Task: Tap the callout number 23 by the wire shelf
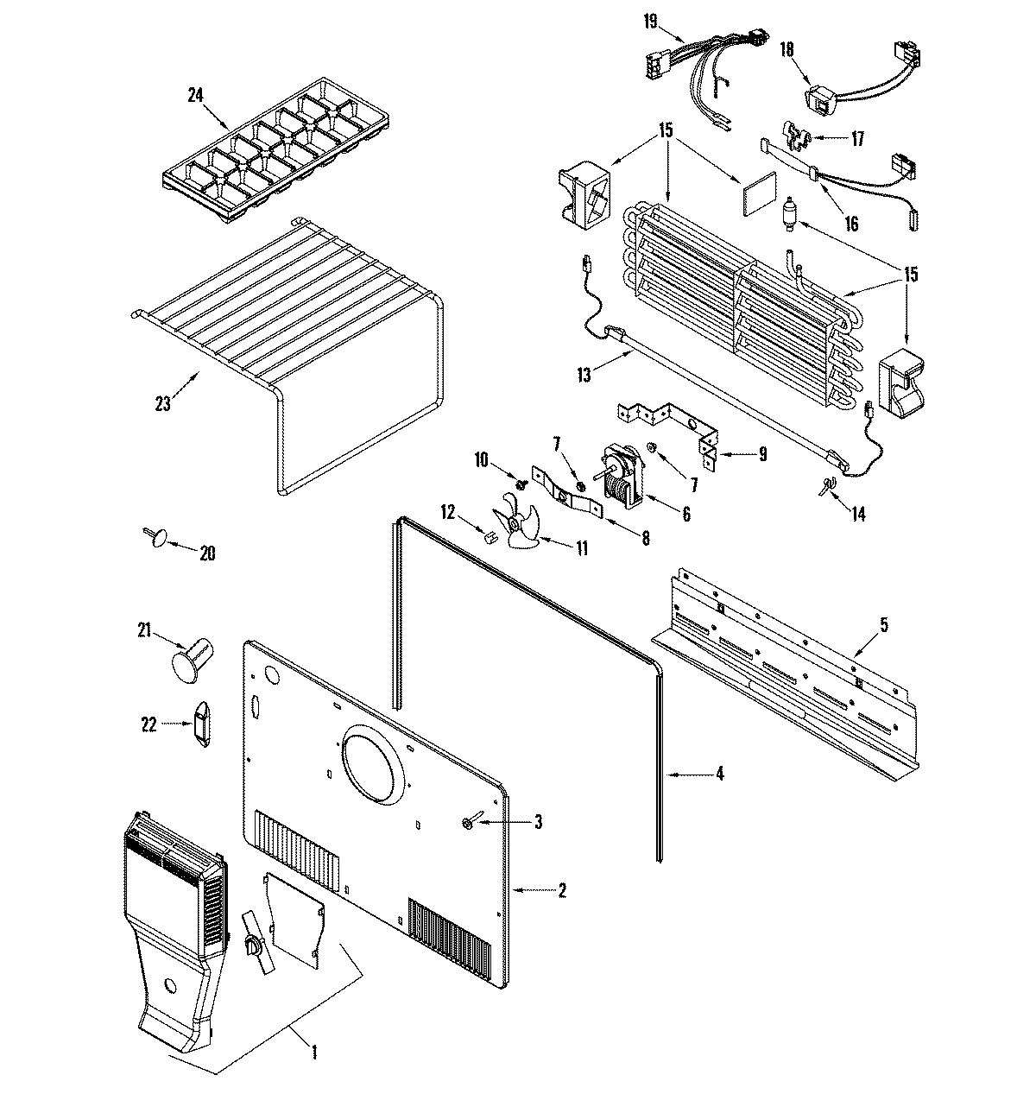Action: click(164, 403)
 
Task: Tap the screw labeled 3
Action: click(468, 825)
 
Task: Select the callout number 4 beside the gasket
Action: click(719, 774)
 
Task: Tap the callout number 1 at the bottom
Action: click(313, 1052)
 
